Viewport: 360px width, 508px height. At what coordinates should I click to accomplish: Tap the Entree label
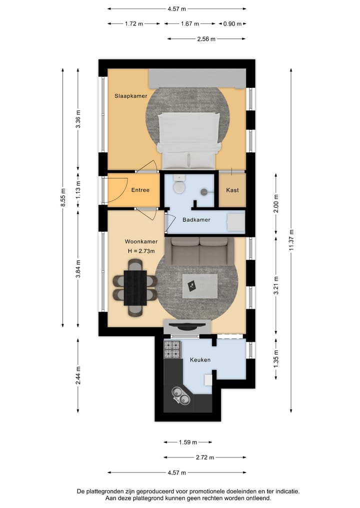(x=140, y=190)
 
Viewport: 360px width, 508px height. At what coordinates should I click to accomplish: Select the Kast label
(x=232, y=190)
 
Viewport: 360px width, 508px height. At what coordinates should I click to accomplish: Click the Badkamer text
(x=196, y=220)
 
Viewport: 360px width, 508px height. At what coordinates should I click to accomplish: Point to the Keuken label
(x=200, y=360)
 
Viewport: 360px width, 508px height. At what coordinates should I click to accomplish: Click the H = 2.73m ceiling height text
(x=141, y=251)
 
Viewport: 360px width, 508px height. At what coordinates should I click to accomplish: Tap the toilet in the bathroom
(x=178, y=187)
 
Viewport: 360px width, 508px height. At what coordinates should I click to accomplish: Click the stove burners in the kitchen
(x=172, y=350)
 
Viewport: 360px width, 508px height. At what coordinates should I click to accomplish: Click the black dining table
(x=135, y=288)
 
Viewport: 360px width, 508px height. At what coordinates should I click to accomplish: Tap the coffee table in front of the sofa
(x=199, y=286)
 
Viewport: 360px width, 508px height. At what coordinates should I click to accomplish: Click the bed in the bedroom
(x=188, y=140)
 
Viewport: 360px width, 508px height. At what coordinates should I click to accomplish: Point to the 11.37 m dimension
(x=291, y=234)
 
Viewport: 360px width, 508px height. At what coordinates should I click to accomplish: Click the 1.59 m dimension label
(x=187, y=442)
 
